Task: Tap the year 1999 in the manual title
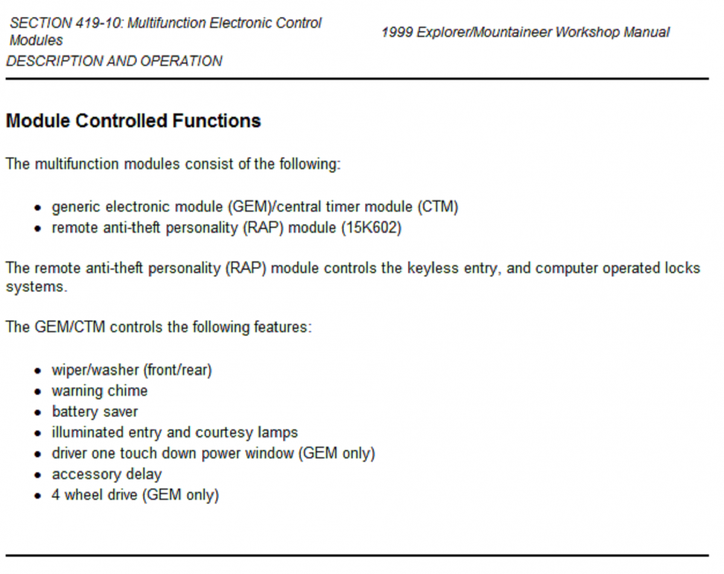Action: point(397,33)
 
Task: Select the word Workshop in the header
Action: point(587,33)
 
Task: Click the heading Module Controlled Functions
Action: point(133,121)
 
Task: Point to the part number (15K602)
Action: point(372,228)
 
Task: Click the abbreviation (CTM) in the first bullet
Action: point(438,206)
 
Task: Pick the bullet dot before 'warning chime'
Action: point(37,392)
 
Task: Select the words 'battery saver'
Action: point(95,412)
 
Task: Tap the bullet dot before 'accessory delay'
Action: point(37,475)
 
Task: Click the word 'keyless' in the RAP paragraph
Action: point(433,269)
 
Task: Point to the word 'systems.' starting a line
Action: point(37,287)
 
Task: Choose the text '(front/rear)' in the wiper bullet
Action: point(177,370)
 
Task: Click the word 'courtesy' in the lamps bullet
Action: point(224,432)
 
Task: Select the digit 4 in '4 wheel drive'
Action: point(56,495)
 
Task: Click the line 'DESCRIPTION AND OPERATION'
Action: point(114,61)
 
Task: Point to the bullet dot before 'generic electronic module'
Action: point(37,208)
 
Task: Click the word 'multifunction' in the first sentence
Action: point(77,164)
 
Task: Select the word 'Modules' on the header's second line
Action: point(36,40)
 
